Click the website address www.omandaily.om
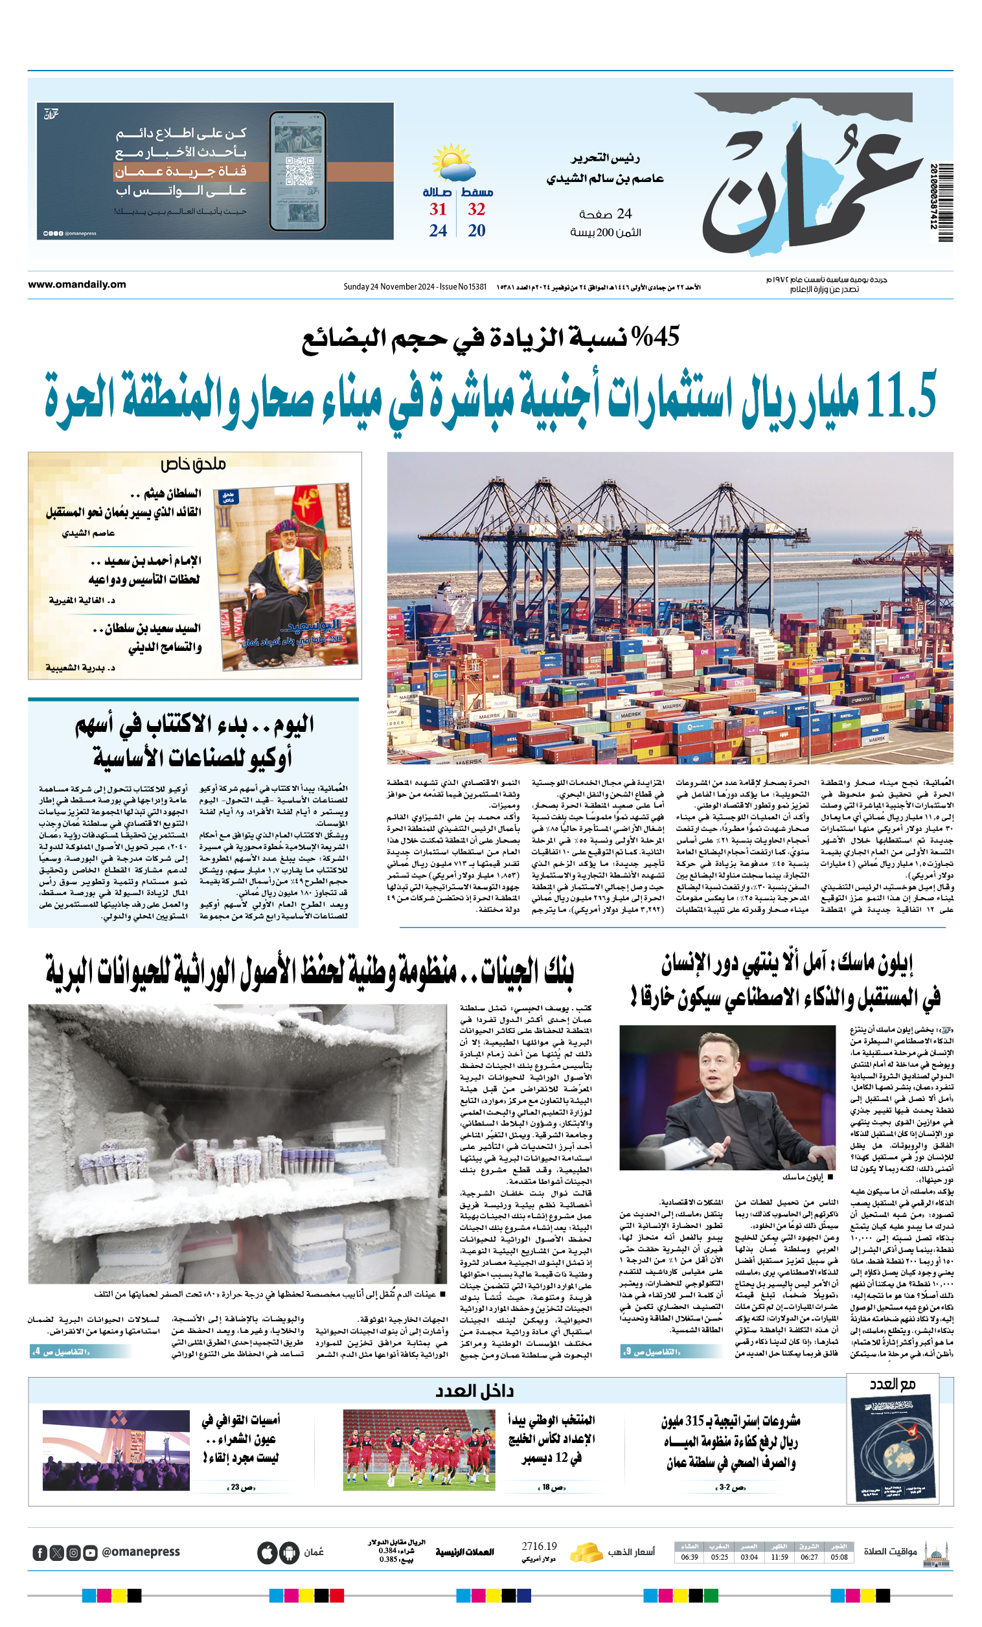[76, 284]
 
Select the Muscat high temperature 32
[476, 209]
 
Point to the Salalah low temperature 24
[438, 231]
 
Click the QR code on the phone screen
[298, 170]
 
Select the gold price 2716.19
[539, 1546]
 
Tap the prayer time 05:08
[839, 1557]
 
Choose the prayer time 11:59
[779, 1557]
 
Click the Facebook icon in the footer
[40, 1553]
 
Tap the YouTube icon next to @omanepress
[91, 1553]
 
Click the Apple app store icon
[267, 1553]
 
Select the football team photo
[418, 1450]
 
